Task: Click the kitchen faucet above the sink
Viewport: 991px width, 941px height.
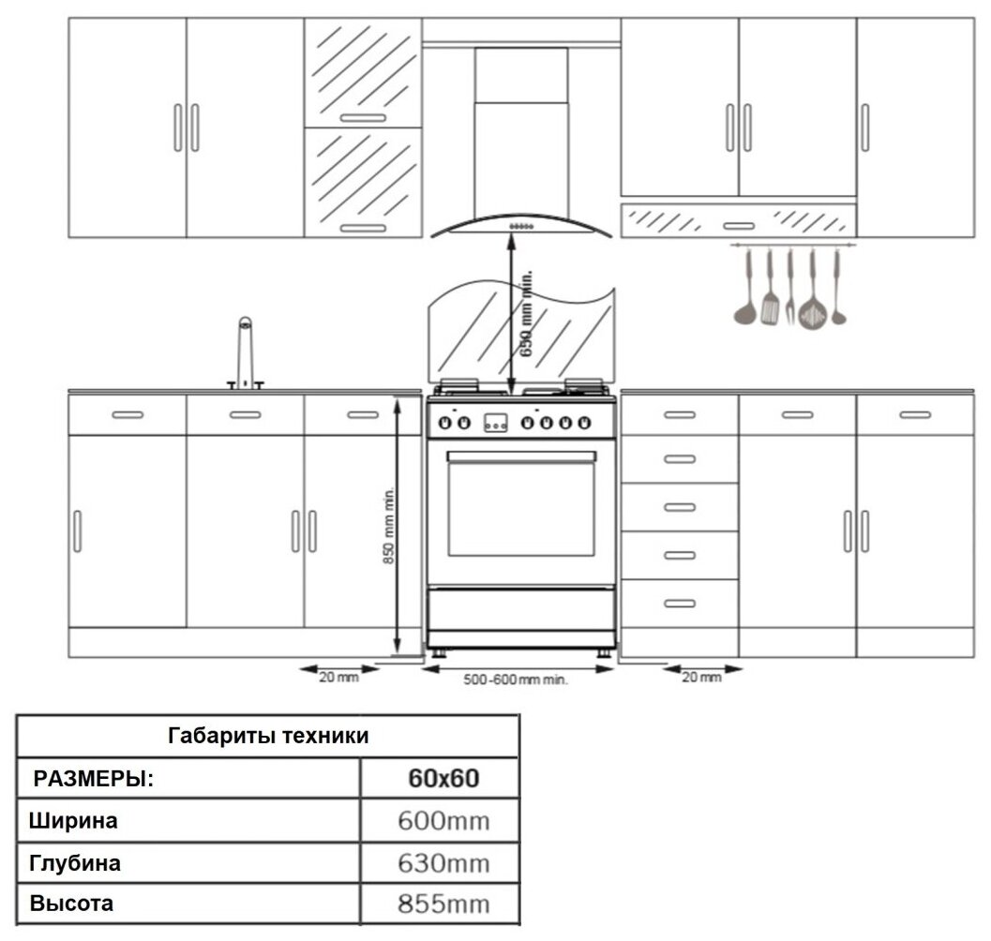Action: click(x=245, y=351)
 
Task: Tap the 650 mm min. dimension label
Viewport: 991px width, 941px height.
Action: click(x=527, y=314)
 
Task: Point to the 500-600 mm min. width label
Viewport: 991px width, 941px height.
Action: click(x=516, y=680)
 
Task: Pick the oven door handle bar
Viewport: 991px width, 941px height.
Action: click(x=521, y=456)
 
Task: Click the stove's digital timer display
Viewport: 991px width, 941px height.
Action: click(x=495, y=424)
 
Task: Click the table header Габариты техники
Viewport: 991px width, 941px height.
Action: click(x=268, y=736)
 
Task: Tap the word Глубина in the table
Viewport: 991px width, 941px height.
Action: click(x=75, y=863)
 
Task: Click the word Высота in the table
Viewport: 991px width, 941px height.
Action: click(x=72, y=904)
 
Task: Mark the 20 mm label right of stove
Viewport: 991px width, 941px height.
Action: click(x=701, y=677)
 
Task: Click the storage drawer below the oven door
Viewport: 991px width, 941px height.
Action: click(x=521, y=609)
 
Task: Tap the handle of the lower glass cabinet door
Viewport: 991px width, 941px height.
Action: click(x=363, y=228)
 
